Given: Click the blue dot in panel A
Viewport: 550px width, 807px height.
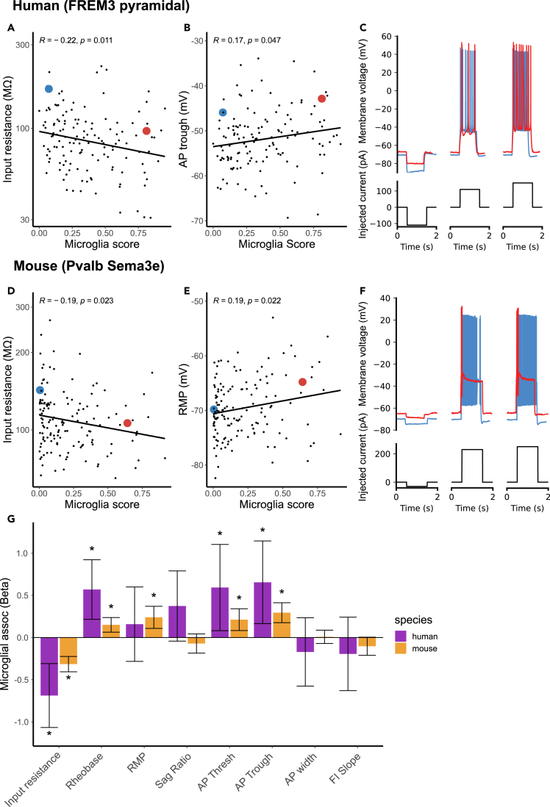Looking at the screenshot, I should (x=49, y=88).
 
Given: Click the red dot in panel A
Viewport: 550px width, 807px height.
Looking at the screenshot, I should (x=146, y=131).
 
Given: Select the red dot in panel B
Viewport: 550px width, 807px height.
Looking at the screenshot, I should (x=321, y=98).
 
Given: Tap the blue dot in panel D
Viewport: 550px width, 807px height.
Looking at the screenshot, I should (x=40, y=390).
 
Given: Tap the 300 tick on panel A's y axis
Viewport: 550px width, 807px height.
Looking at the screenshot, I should (x=24, y=45).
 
